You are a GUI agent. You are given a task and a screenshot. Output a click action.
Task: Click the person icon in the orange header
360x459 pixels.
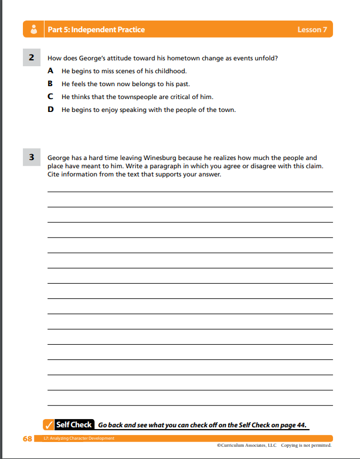(34, 29)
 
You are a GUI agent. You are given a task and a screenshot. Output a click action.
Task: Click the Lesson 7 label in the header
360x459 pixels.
(312, 30)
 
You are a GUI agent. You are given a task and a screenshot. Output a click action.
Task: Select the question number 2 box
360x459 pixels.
(31, 57)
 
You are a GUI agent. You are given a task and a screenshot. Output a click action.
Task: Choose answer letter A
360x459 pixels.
(50, 71)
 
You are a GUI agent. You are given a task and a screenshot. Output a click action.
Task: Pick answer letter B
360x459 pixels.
(50, 84)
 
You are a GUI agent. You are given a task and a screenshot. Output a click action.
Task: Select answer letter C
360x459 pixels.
(50, 97)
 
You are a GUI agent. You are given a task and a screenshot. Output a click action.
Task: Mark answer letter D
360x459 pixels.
(50, 110)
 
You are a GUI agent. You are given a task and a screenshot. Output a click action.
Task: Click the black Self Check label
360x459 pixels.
(73, 424)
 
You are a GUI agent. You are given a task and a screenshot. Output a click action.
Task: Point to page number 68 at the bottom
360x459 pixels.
(27, 438)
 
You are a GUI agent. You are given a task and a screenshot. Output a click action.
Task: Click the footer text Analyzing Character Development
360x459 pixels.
(82, 438)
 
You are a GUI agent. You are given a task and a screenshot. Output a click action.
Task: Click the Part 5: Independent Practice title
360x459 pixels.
(96, 30)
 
